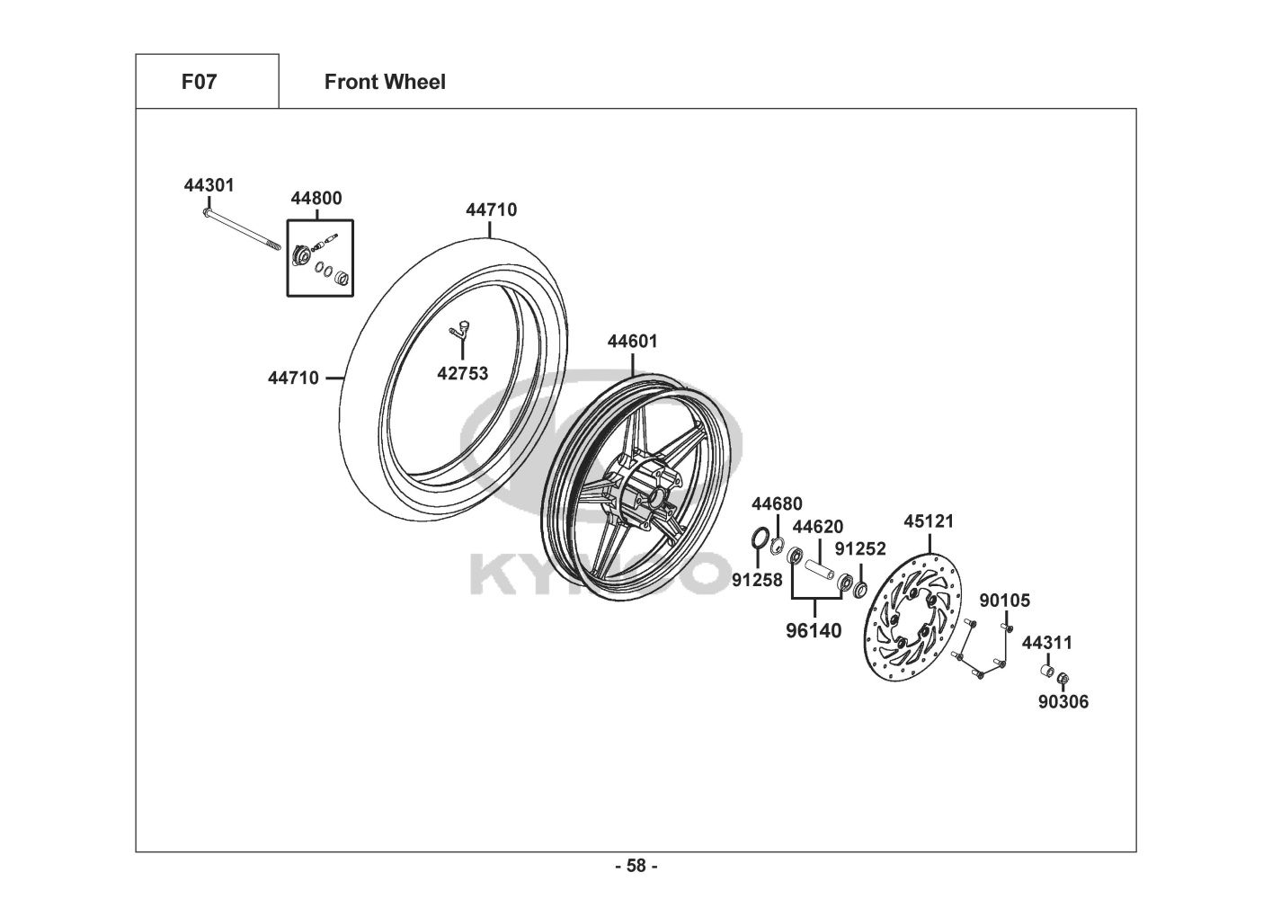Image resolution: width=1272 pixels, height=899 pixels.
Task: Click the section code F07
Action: pyautogui.click(x=199, y=82)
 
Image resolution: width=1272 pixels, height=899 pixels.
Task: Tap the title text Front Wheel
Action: pyautogui.click(x=385, y=82)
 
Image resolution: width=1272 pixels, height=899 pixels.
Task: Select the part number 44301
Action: pyautogui.click(x=209, y=185)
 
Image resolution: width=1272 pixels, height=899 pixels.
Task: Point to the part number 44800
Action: pyautogui.click(x=316, y=198)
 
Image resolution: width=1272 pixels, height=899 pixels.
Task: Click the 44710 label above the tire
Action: pyautogui.click(x=491, y=209)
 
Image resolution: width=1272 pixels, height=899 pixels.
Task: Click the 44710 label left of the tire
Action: pyautogui.click(x=293, y=378)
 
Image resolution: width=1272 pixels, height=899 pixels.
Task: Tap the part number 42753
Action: pyautogui.click(x=462, y=373)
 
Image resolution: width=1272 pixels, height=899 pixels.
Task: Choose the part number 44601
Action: pyautogui.click(x=632, y=342)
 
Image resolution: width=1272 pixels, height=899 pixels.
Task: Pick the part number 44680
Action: pyautogui.click(x=777, y=503)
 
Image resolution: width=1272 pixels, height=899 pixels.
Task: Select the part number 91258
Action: pyautogui.click(x=757, y=580)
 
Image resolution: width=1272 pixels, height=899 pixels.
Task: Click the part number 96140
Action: pyautogui.click(x=814, y=630)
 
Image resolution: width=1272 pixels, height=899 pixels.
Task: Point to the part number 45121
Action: pyautogui.click(x=929, y=521)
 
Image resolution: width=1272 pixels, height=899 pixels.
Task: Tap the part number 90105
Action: pyautogui.click(x=1004, y=601)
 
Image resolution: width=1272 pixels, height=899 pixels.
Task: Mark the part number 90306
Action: pyautogui.click(x=1063, y=701)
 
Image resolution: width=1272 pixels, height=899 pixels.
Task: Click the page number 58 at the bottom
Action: pyautogui.click(x=636, y=866)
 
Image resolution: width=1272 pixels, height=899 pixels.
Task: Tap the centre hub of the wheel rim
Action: pyautogui.click(x=654, y=495)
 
